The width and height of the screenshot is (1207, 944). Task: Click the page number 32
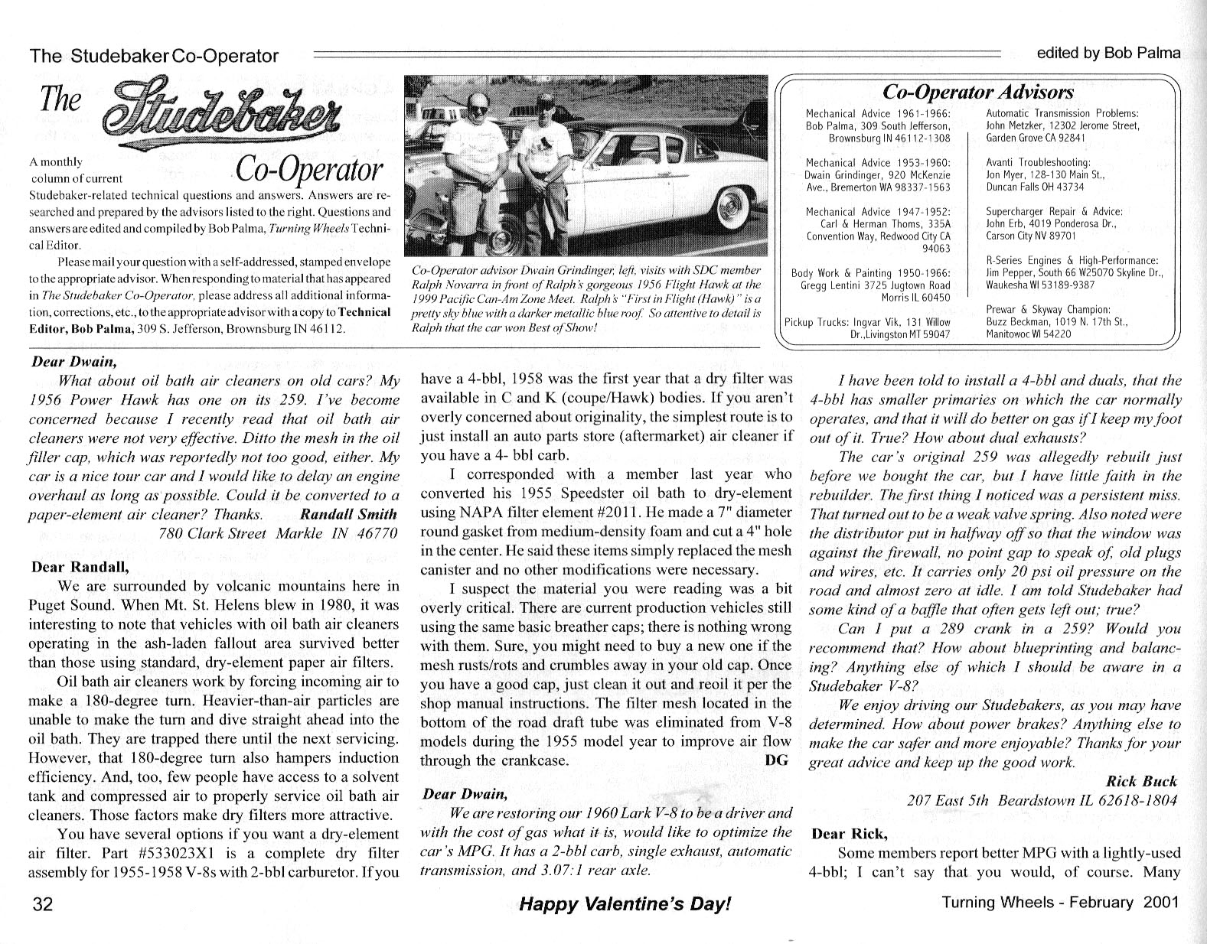42,904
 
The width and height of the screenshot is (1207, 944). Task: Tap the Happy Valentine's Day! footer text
625,903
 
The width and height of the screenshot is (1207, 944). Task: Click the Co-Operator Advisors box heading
977,93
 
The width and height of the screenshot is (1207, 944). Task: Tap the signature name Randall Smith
349,515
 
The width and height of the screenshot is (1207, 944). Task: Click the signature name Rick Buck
1141,782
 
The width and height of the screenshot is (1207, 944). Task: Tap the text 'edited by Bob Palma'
1108,53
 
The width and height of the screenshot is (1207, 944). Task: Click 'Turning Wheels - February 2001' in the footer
1060,902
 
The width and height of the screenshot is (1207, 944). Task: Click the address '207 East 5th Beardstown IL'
1041,801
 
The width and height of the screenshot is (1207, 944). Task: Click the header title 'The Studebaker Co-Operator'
154,56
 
